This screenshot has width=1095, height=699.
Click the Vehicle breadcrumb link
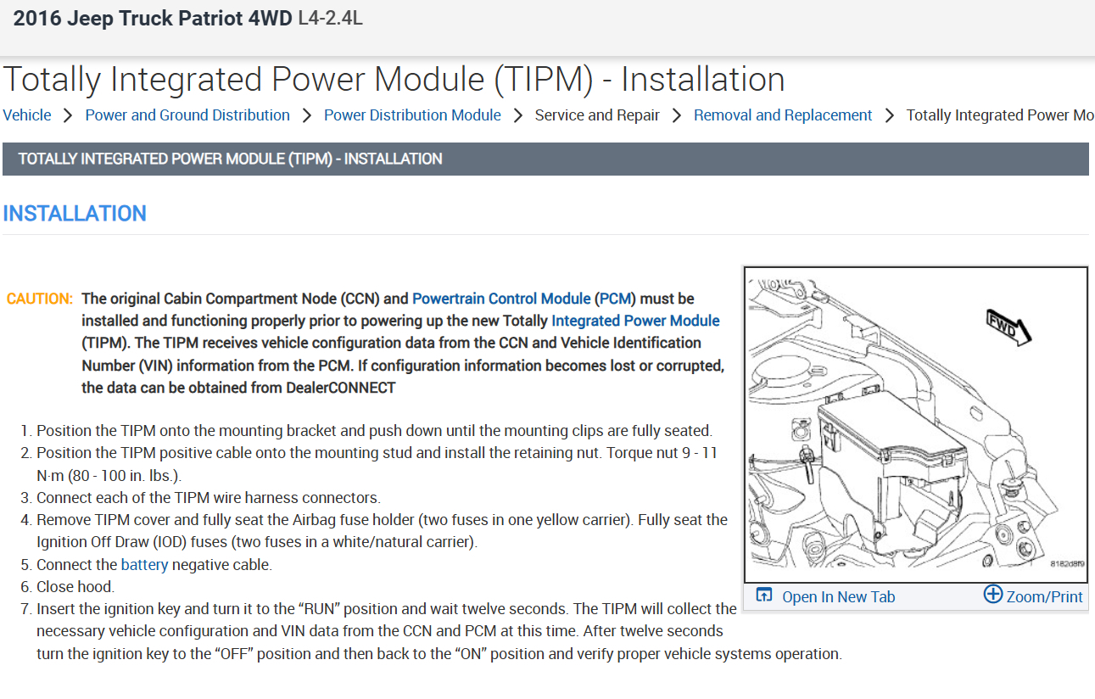tap(27, 115)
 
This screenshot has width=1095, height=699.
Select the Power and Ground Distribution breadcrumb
tap(187, 115)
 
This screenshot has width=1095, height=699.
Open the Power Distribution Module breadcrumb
tap(412, 115)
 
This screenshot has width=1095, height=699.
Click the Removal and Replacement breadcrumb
tap(782, 115)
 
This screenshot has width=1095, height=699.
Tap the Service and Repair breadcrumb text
tap(597, 115)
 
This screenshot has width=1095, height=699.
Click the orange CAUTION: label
tap(40, 299)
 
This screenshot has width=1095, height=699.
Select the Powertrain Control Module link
tap(501, 299)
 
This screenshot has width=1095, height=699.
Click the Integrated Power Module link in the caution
tap(635, 321)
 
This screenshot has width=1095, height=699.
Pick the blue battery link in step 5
tap(145, 564)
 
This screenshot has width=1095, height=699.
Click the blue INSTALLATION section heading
tap(75, 214)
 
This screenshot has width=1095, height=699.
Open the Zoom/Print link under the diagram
tap(1044, 597)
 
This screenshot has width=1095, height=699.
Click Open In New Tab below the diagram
tap(838, 597)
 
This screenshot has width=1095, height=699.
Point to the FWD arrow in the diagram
tap(1008, 327)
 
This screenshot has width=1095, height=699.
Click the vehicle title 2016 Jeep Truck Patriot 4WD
tap(153, 19)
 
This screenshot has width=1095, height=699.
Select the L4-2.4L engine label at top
tap(331, 19)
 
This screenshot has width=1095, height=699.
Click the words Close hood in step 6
tap(75, 586)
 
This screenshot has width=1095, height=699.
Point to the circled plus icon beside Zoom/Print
tap(992, 594)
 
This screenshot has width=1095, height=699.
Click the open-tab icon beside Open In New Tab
tap(764, 596)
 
